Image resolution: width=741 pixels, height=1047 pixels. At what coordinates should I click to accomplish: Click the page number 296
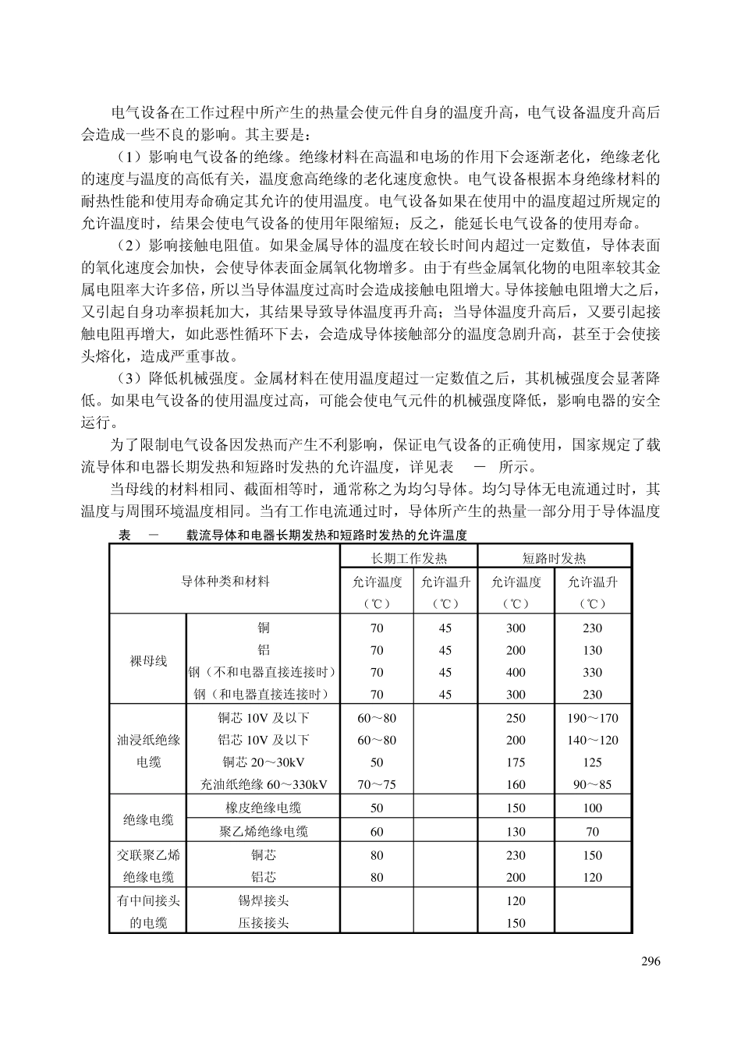651,961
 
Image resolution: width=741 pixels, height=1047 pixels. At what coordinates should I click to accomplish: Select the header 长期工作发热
409,558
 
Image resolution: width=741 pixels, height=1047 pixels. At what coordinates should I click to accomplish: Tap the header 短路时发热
554,558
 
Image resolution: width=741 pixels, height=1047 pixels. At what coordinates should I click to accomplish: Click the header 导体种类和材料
225,581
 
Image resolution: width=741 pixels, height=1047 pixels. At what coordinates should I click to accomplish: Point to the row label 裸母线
148,661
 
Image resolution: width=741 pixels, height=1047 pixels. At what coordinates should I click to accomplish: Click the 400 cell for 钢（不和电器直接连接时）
516,672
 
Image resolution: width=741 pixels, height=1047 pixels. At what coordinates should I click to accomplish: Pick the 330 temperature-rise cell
592,672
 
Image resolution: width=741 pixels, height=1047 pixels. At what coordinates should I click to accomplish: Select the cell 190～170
592,718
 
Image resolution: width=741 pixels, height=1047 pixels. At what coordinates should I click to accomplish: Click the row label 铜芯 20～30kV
264,762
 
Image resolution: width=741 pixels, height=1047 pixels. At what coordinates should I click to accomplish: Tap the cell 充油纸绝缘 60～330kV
264,784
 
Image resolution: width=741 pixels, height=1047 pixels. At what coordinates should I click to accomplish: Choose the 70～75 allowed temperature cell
377,784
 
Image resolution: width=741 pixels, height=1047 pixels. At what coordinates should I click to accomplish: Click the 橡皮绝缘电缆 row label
264,808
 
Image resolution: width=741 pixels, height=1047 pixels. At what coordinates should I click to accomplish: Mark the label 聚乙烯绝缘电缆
264,832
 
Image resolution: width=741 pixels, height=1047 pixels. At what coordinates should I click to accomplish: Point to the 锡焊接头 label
264,900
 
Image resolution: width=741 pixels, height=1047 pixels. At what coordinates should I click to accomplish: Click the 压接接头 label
264,923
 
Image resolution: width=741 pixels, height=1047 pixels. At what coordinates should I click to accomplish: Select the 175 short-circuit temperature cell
516,762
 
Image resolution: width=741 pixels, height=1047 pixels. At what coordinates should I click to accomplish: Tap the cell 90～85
592,784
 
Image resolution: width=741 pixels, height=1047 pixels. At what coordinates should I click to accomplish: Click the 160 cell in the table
516,784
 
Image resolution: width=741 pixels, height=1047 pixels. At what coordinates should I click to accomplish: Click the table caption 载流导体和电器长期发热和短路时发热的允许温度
326,535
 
